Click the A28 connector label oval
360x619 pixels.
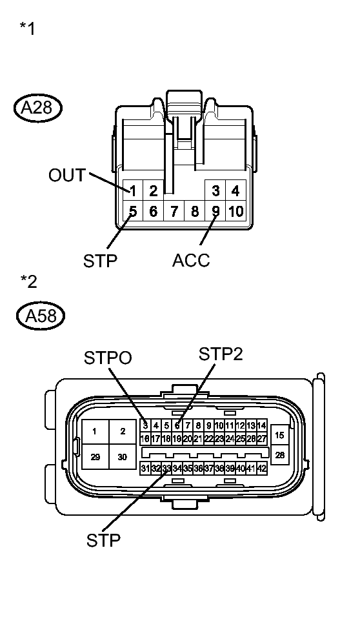pos(37,107)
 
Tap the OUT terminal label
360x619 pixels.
pos(66,175)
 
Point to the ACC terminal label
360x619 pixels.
pos(191,261)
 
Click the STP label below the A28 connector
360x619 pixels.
pos(101,261)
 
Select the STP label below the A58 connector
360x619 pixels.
pos(104,540)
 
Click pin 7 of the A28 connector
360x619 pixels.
pos(174,211)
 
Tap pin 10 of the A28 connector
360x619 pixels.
pos(236,211)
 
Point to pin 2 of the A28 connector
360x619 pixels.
pos(154,190)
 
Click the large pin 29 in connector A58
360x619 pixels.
pos(95,456)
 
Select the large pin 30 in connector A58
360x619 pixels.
pos(123,456)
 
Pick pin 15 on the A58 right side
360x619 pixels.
pos(279,435)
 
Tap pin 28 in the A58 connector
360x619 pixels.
pos(279,455)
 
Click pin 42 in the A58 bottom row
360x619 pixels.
pos(262,469)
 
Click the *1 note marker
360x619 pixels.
pos(27,30)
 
